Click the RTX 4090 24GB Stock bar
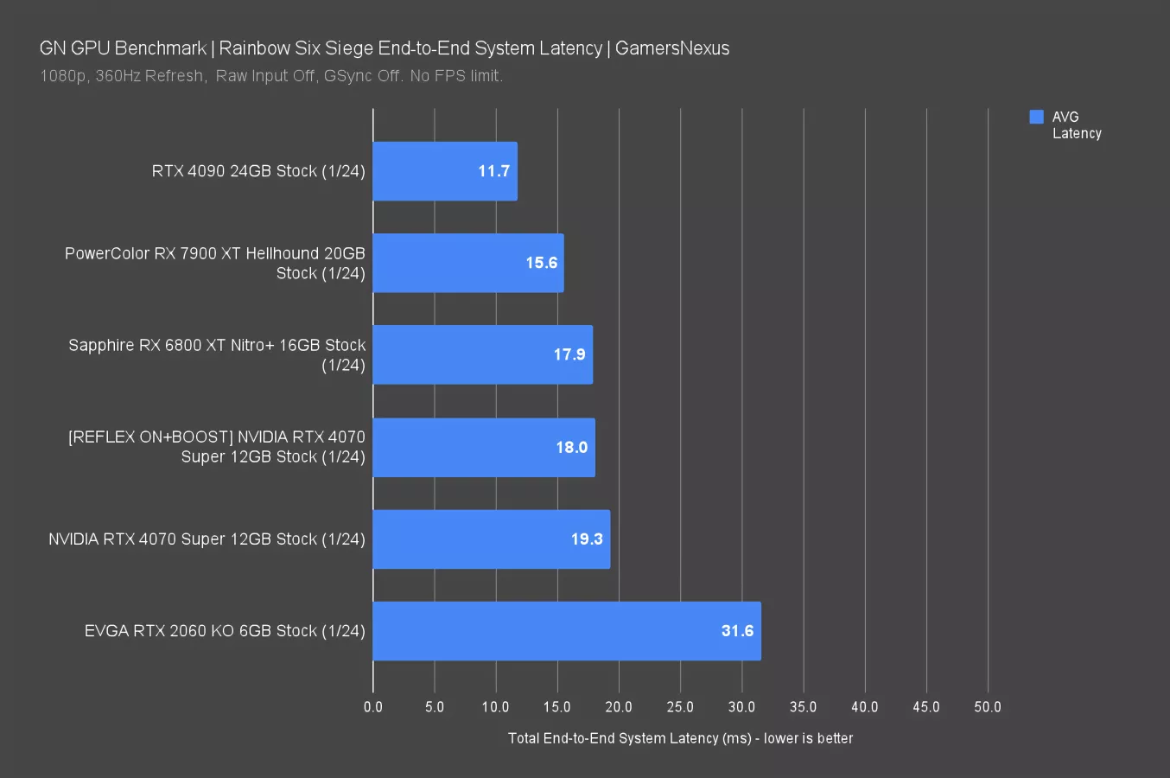tap(445, 171)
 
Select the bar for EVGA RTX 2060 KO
tap(566, 631)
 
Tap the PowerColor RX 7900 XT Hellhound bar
tap(467, 263)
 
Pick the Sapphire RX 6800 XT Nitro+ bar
tap(482, 354)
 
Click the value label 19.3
tap(587, 539)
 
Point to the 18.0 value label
tap(571, 448)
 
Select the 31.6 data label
tap(737, 631)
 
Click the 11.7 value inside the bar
tap(493, 171)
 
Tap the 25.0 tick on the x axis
tap(680, 707)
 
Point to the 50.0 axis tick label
tap(988, 707)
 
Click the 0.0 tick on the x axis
tap(373, 707)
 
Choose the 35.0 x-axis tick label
tap(803, 707)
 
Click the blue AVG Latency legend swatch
tap(1037, 117)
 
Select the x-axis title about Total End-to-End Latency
tap(680, 738)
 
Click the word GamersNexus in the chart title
tap(672, 48)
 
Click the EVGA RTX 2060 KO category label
tap(225, 631)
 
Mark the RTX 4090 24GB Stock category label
tap(258, 171)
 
